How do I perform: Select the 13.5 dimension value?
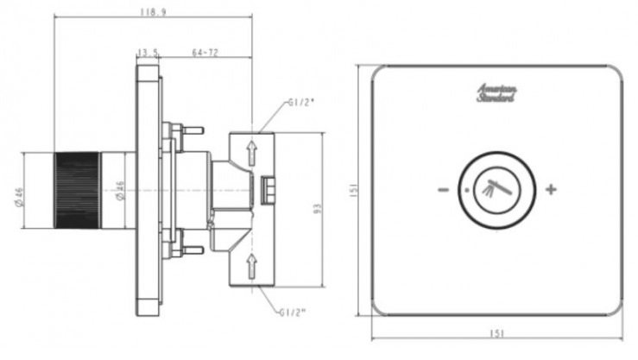point(148,52)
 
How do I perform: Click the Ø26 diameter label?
point(119,191)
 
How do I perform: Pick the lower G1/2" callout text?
point(295,312)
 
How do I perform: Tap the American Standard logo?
point(496,92)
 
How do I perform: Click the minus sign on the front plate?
point(442,190)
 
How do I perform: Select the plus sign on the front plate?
point(551,189)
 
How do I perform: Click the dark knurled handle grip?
point(77,190)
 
